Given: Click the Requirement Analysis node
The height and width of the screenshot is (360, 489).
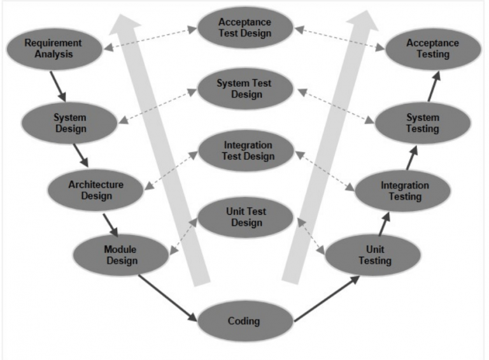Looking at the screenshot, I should (x=54, y=48).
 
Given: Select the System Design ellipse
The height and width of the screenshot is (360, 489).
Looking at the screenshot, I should (x=69, y=123).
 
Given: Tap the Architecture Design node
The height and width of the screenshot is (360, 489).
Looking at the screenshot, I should (x=96, y=190).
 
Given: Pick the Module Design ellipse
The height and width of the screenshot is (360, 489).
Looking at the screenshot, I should (x=121, y=254).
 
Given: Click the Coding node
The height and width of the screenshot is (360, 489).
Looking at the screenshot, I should (x=244, y=320).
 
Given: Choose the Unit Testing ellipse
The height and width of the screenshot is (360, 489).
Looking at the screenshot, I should (x=374, y=256).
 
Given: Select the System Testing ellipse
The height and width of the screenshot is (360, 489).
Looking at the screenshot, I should (x=422, y=123).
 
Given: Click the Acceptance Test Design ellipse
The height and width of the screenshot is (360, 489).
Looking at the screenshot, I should (x=245, y=27).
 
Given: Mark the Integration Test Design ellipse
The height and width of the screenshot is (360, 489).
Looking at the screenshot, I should (x=246, y=151).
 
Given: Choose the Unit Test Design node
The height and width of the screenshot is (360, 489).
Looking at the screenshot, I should (x=246, y=217).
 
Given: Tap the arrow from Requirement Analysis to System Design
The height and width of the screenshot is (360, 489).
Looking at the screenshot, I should (x=58, y=85).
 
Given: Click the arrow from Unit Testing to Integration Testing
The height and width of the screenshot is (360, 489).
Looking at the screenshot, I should (x=383, y=224).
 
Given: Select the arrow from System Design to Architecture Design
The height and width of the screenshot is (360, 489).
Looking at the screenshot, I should (x=80, y=155).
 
